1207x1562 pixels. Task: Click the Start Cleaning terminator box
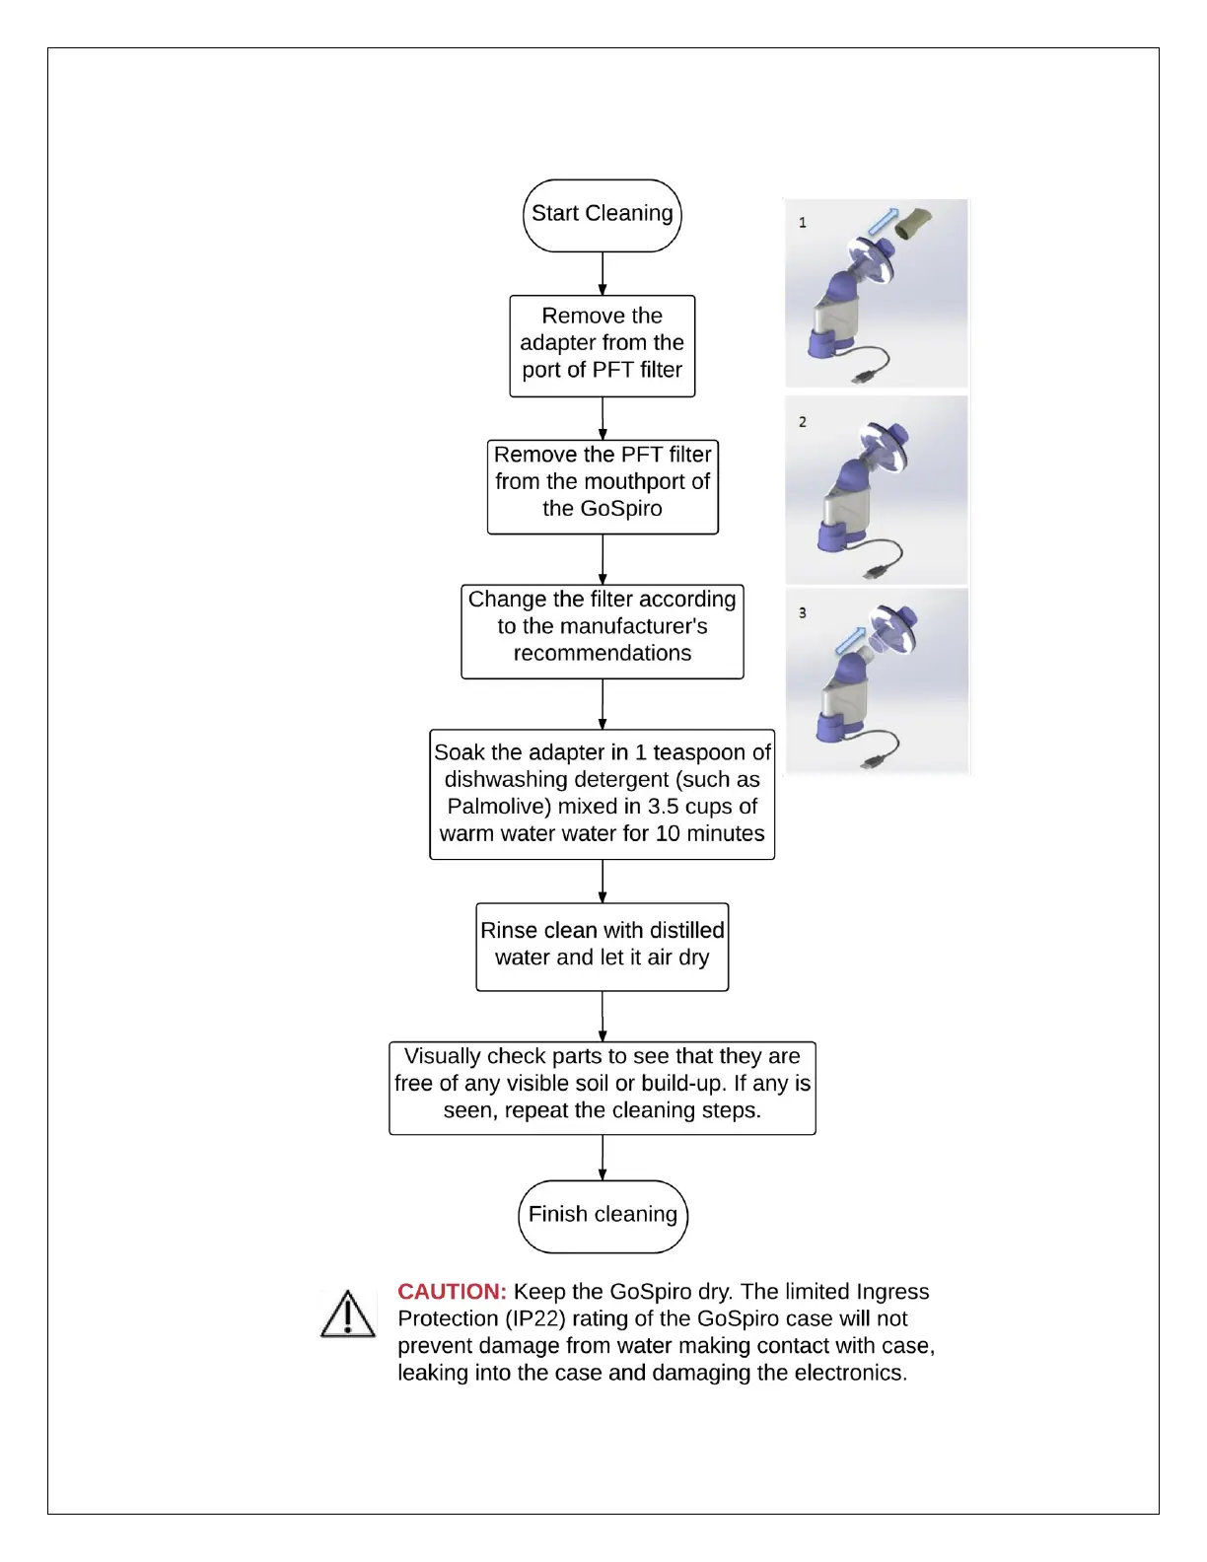[x=602, y=215]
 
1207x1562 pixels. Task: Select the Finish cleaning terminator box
[x=603, y=1215]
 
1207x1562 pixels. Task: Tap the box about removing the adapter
[x=602, y=345]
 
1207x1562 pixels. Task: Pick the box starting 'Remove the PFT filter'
[x=603, y=486]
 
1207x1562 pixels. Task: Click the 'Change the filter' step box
[x=602, y=631]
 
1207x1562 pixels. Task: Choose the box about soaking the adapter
[x=602, y=794]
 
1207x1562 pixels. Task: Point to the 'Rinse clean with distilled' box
[x=602, y=947]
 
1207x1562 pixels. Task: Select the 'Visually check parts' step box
[x=602, y=1087]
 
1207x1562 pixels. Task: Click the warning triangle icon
[x=348, y=1314]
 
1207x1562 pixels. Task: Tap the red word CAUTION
[x=452, y=1292]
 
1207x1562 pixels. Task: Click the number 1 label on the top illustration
[x=803, y=223]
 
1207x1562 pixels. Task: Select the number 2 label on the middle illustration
[x=803, y=422]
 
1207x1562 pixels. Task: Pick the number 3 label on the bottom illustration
[x=803, y=613]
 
